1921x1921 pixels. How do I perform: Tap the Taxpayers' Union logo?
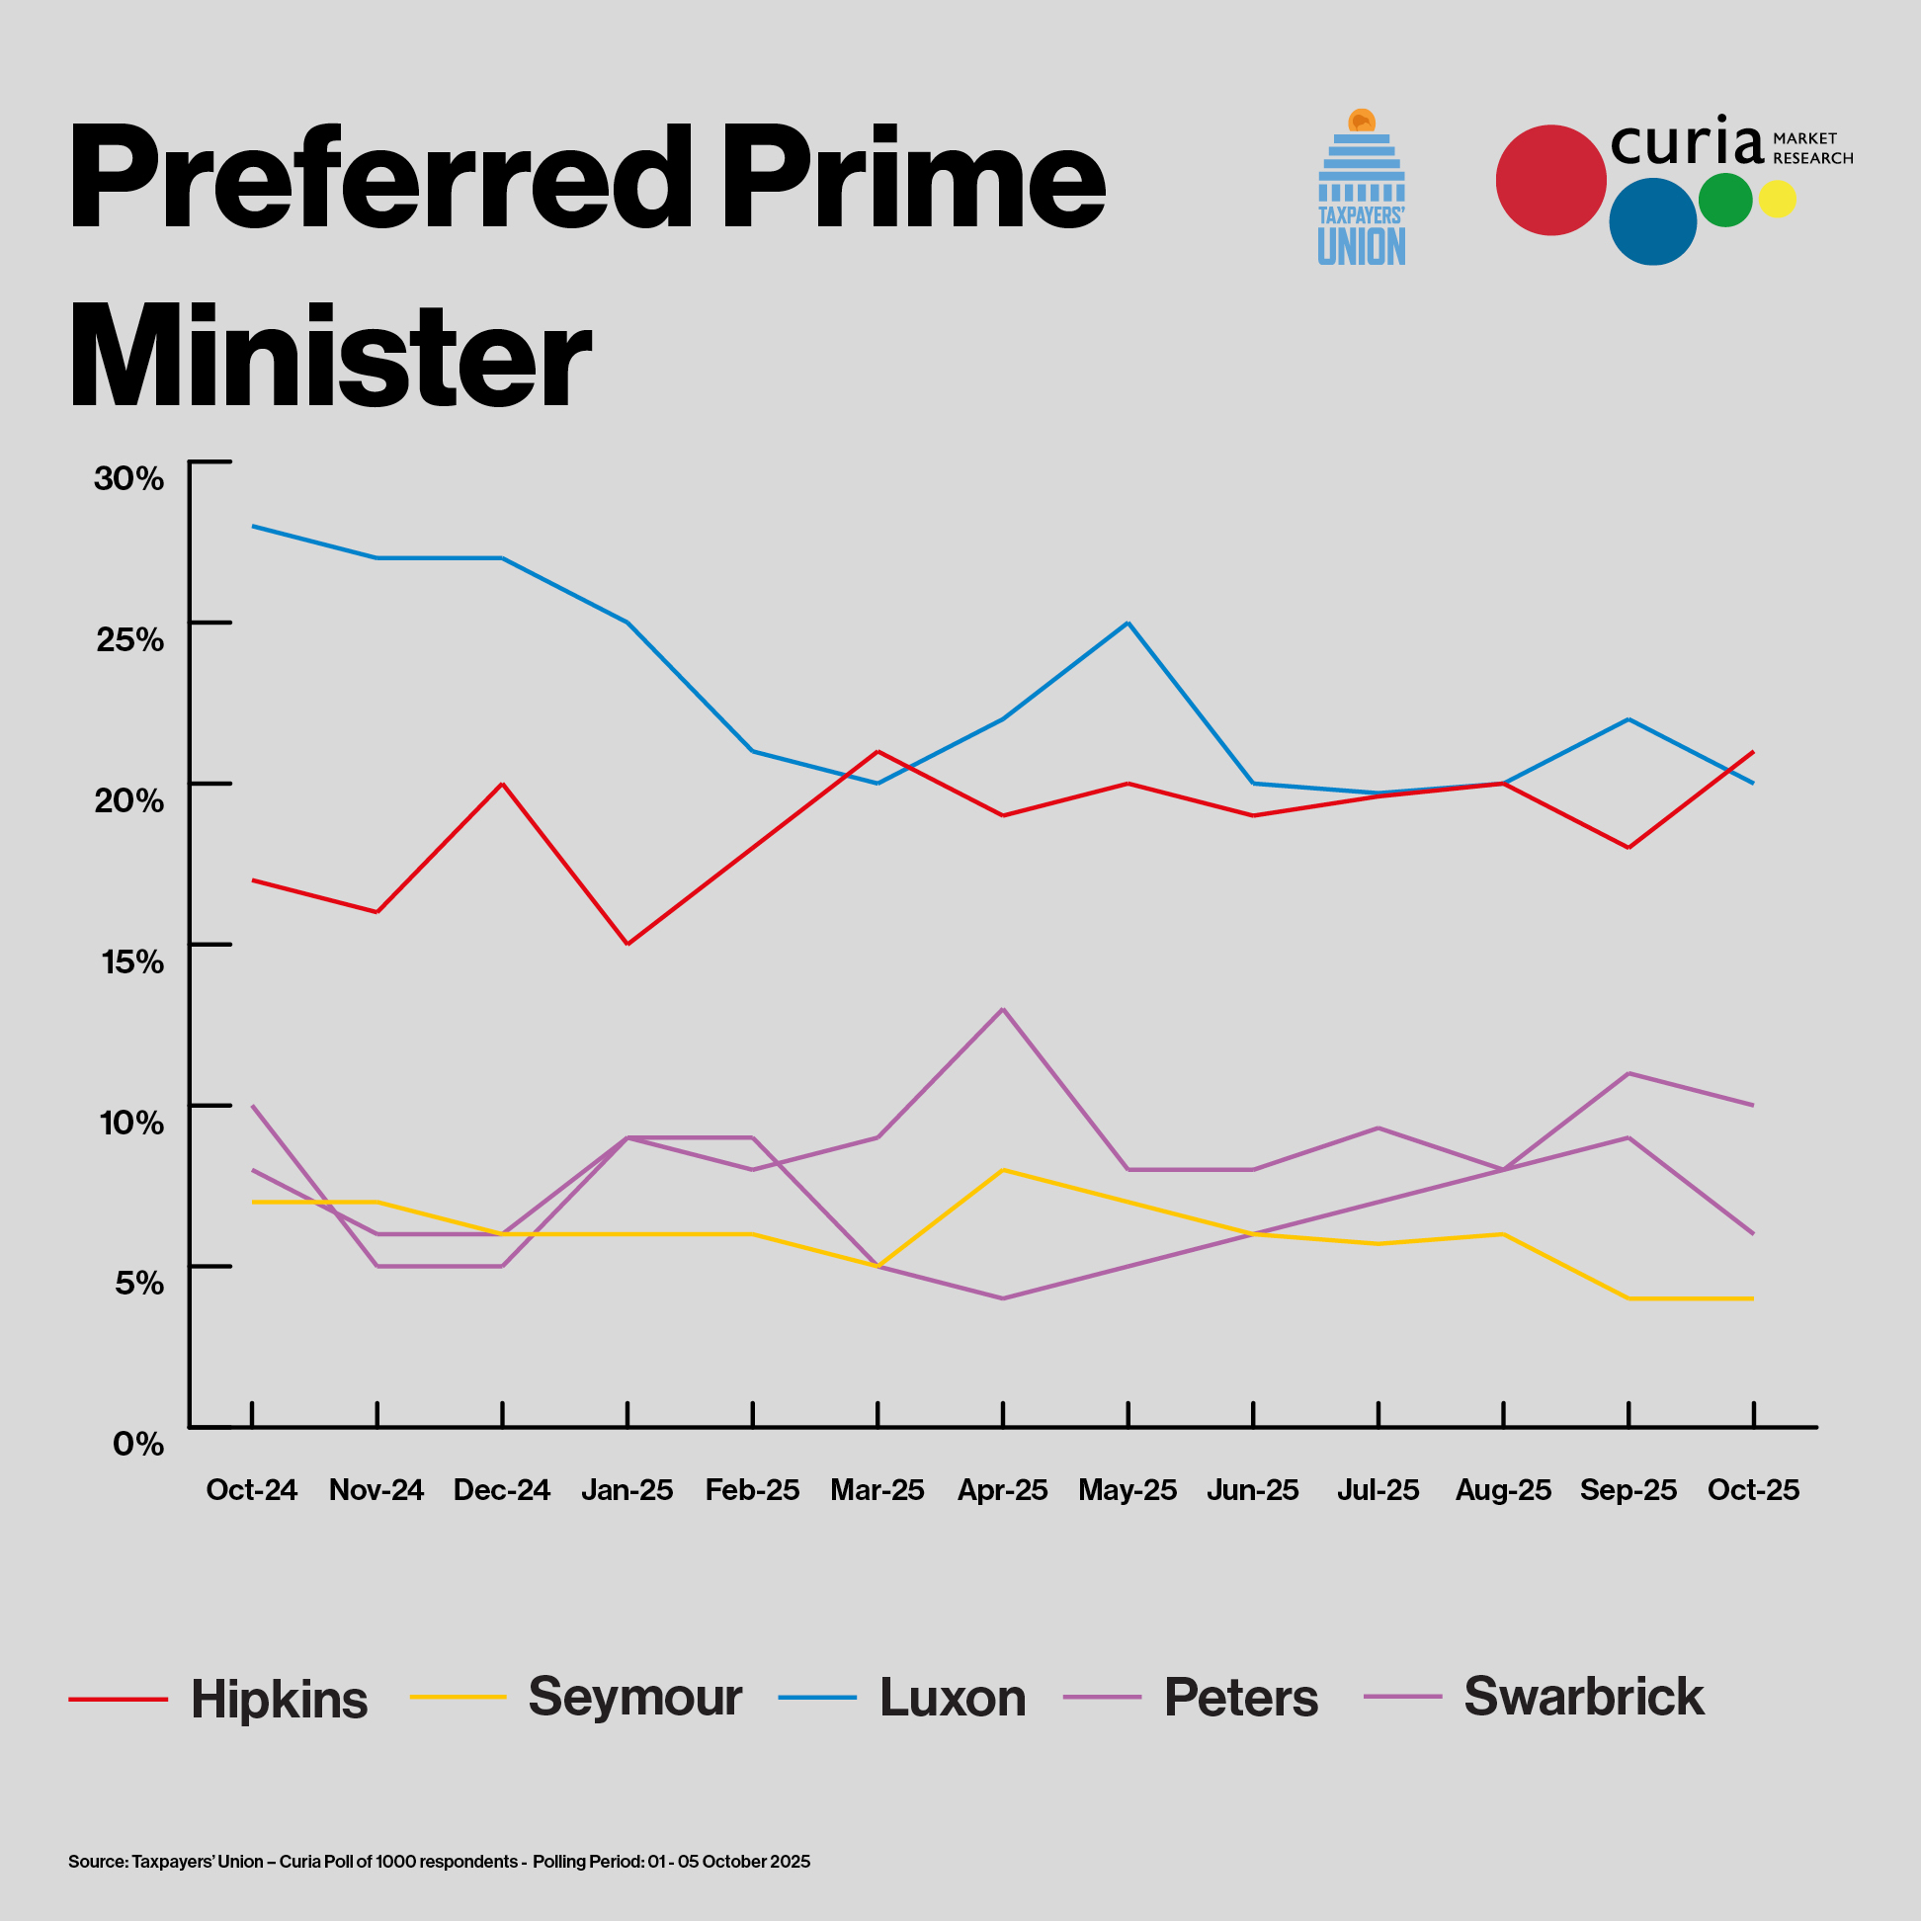pos(1362,189)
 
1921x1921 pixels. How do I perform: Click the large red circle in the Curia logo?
pos(1550,180)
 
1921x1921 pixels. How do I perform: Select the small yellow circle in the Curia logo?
pos(1777,199)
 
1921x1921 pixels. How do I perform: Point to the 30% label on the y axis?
pos(128,478)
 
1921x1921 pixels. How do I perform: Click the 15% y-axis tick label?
pos(132,961)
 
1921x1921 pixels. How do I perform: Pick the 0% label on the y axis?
pos(138,1444)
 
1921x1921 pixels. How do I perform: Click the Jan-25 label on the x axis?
pos(626,1489)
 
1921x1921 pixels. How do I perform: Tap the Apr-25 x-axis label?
pos(1002,1489)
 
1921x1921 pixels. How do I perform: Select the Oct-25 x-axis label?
pos(1753,1489)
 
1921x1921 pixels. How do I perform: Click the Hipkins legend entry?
pos(279,1700)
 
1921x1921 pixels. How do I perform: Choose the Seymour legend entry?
pos(634,1698)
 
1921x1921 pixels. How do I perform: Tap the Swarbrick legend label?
pos(1583,1698)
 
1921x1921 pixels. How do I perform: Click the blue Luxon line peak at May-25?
pos(1128,624)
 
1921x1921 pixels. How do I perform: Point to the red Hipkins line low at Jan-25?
pos(627,944)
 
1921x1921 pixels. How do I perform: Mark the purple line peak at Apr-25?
pos(1002,1009)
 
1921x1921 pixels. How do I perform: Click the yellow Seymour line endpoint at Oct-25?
pos(1752,1298)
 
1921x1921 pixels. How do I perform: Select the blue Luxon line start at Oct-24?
pos(253,526)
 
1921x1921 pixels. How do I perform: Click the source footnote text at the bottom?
pos(439,1862)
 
